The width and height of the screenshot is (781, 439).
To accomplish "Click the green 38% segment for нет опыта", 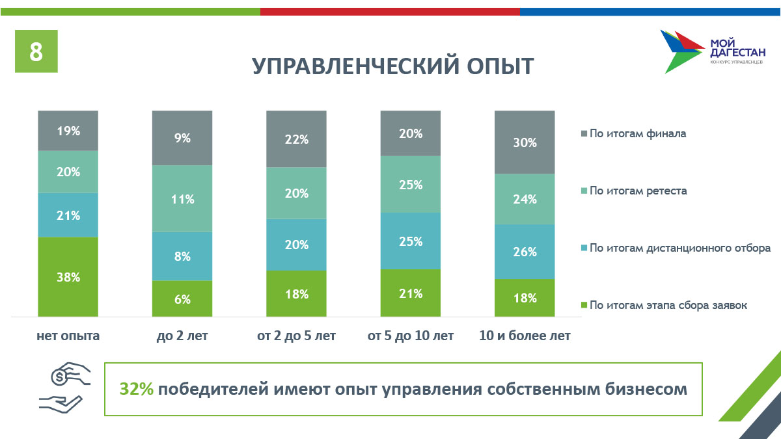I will pos(68,277).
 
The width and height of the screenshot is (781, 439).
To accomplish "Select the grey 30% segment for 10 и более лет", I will pos(525,142).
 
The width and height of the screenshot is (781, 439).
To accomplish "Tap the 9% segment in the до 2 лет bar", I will pos(182,138).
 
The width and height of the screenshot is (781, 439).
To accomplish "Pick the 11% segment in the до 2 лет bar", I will pos(182,199).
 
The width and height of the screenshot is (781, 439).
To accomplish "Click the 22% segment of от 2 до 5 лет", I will pos(296,139).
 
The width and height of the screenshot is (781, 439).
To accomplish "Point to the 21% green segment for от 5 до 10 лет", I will pos(410,293).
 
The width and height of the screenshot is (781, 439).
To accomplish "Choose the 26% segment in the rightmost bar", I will pos(525,252).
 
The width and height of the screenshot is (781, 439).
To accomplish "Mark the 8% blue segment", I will pos(182,256).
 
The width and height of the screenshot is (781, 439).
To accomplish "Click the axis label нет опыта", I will pos(68,336).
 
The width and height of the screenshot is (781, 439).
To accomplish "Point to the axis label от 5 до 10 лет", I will pos(410,336).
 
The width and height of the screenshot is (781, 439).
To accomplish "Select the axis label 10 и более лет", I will pos(525,336).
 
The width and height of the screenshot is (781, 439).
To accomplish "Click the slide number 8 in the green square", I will pos(36,51).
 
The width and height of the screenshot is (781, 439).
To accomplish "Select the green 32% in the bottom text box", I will pos(136,389).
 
